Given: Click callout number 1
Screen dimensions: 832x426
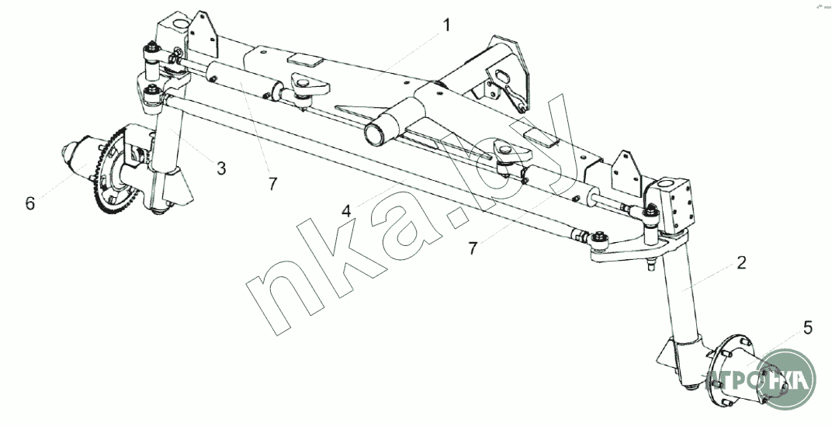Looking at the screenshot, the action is click(446, 26).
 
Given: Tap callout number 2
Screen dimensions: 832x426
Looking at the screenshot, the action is click(741, 263).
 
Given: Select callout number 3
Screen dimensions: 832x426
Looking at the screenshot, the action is click(221, 167).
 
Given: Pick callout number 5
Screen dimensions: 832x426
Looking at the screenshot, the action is click(809, 327).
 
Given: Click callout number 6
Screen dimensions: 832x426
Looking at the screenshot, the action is click(29, 203).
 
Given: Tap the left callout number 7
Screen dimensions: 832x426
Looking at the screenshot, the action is click(272, 184).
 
